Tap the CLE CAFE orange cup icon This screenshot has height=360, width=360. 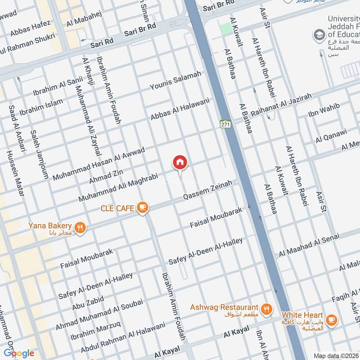(143, 207)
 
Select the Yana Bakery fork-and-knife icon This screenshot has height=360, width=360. (80, 228)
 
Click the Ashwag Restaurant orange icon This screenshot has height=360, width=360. (266, 309)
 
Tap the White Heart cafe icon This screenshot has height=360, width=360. (331, 319)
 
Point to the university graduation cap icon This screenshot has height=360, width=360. (319, 34)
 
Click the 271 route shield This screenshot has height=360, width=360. (225, 123)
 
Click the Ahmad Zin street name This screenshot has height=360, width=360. (106, 176)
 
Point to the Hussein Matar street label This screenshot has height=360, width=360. (15, 173)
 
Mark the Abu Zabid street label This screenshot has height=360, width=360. (88, 303)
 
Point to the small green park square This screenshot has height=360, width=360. (226, 28)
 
